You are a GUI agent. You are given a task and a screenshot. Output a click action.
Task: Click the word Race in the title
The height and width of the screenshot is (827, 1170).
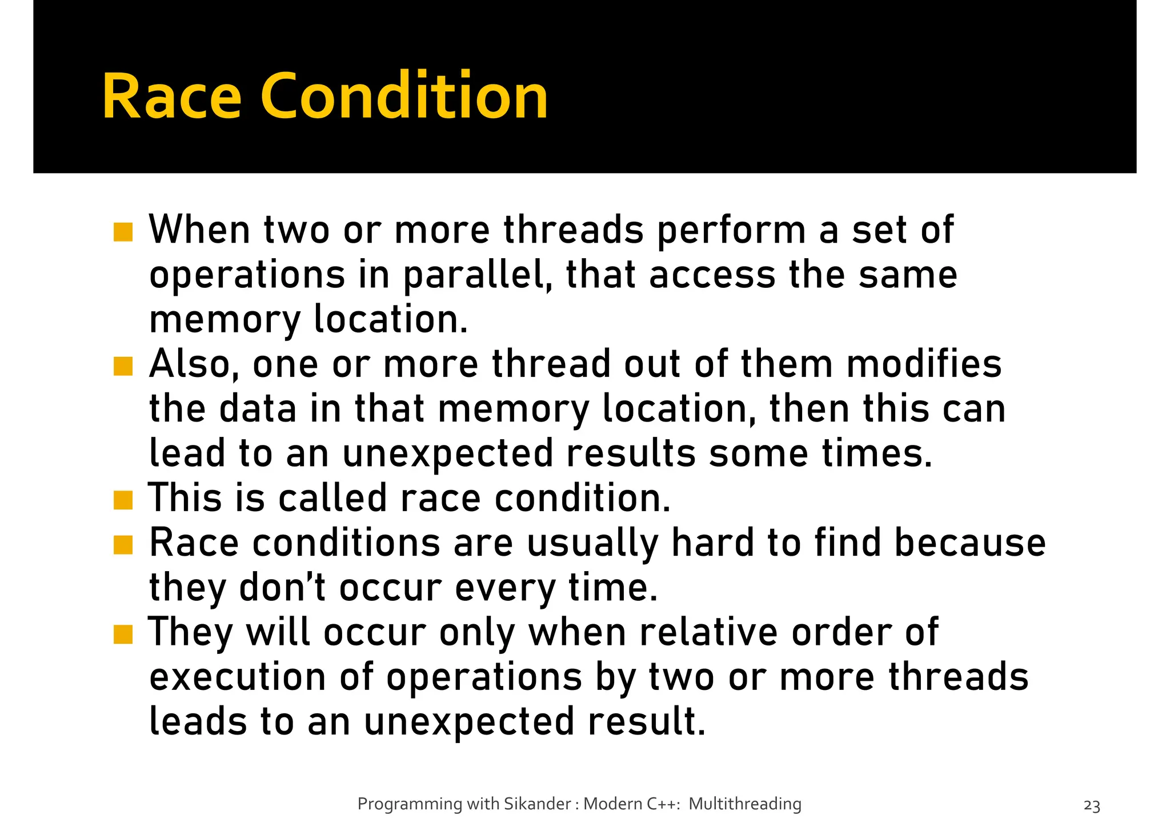pyautogui.click(x=171, y=97)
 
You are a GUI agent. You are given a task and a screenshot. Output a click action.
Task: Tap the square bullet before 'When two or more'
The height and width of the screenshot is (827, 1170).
pyautogui.click(x=123, y=232)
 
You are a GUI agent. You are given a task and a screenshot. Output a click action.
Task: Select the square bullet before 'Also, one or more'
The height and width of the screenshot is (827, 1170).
pyautogui.click(x=123, y=366)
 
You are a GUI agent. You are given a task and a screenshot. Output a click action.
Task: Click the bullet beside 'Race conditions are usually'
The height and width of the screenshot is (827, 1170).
pyautogui.click(x=123, y=544)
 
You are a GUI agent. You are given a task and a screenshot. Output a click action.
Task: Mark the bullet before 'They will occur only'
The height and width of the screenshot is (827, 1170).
pyautogui.click(x=123, y=634)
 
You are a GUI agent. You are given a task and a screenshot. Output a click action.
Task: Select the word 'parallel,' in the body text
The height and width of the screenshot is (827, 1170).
pyautogui.click(x=478, y=276)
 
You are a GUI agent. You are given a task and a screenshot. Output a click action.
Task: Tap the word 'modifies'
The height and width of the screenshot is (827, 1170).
pyautogui.click(x=924, y=365)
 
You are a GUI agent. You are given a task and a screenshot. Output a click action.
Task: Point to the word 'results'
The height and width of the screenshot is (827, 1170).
pyautogui.click(x=631, y=454)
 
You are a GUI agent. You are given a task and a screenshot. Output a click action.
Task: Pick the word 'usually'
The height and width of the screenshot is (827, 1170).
pyautogui.click(x=592, y=543)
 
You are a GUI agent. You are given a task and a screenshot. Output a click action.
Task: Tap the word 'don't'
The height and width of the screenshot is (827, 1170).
pyautogui.click(x=282, y=588)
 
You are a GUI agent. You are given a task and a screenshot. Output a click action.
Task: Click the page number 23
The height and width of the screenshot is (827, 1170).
pyautogui.click(x=1092, y=806)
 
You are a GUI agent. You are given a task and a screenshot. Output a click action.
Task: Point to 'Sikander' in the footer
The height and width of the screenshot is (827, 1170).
pyautogui.click(x=537, y=804)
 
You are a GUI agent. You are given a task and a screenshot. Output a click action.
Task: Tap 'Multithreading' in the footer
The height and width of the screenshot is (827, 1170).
pyautogui.click(x=744, y=804)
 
